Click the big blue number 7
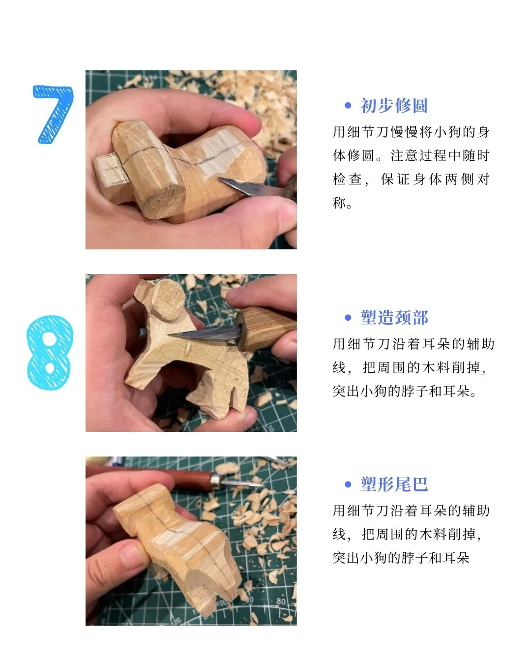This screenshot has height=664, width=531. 53,114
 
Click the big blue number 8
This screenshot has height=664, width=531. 50,353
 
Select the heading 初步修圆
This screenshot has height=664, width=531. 394,106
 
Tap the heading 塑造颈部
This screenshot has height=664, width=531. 394,318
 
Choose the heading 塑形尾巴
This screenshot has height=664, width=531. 394,484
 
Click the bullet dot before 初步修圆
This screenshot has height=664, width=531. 348,106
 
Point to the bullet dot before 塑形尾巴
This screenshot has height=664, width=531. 348,484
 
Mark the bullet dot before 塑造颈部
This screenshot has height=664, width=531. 348,318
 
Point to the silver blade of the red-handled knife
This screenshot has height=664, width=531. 241,483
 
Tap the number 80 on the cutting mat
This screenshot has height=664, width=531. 280,601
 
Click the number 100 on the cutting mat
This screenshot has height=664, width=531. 221,603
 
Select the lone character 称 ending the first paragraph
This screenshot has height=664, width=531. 339,202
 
